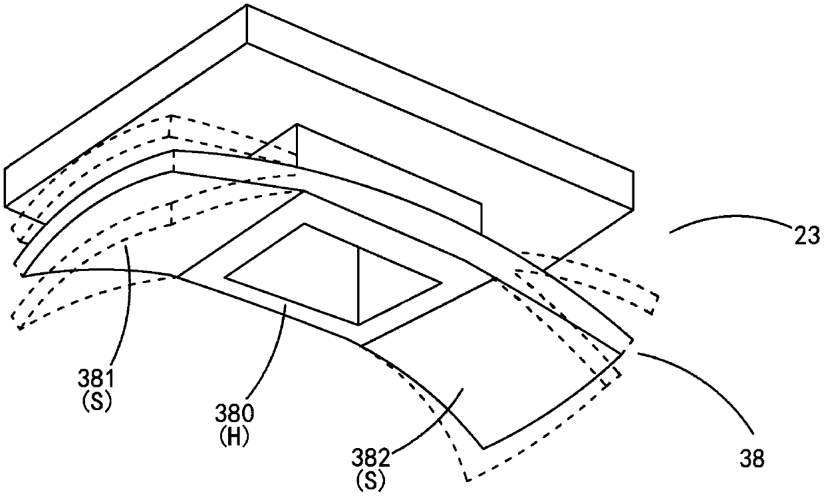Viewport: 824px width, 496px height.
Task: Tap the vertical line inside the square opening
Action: [358, 286]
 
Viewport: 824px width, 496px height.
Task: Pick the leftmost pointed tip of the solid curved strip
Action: [21, 274]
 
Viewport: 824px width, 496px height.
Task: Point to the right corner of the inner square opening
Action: [441, 284]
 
